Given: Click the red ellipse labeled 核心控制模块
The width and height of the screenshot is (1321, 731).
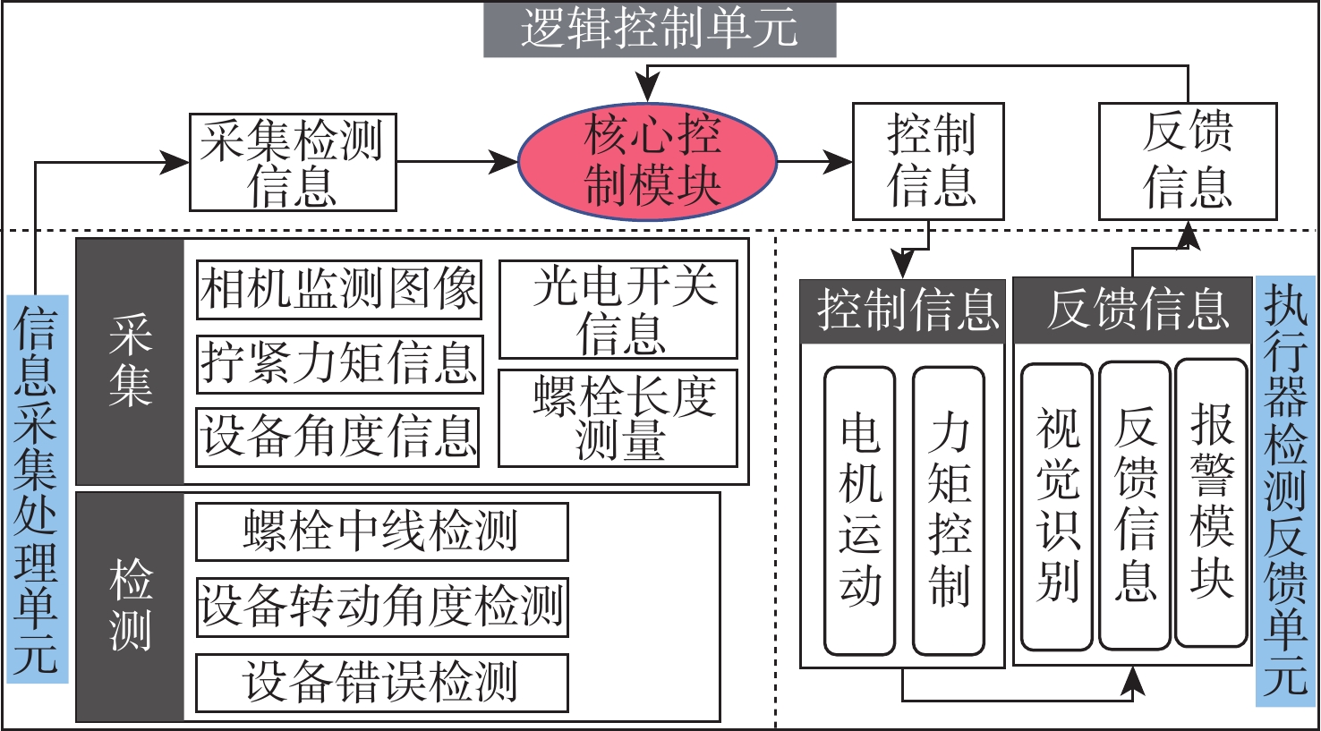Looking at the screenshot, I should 648,162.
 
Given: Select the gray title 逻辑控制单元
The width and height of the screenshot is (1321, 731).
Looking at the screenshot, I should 660,30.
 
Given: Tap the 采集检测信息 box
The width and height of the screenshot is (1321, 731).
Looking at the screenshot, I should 293,162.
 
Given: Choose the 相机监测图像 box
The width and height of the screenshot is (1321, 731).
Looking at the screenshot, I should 339,289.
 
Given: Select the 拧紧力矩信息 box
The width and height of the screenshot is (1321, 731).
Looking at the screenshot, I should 339,363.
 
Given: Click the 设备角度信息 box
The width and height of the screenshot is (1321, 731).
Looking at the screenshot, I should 338,437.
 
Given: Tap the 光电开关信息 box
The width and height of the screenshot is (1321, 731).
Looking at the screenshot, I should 618,310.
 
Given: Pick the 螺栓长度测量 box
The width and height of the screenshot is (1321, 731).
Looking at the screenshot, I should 618,418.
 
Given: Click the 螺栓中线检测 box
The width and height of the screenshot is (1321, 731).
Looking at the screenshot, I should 381,531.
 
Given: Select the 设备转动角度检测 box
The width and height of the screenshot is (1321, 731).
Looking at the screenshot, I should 381,607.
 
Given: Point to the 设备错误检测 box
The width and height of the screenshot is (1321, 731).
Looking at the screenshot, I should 381,683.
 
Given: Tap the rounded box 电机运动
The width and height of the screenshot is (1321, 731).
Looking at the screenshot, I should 859,510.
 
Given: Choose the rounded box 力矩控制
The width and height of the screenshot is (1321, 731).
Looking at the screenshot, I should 949,510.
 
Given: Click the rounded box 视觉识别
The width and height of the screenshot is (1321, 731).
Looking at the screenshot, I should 1057,506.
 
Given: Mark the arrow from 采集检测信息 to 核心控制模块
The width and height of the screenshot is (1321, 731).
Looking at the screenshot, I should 456,162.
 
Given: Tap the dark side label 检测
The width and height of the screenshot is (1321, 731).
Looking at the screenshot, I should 131,606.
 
